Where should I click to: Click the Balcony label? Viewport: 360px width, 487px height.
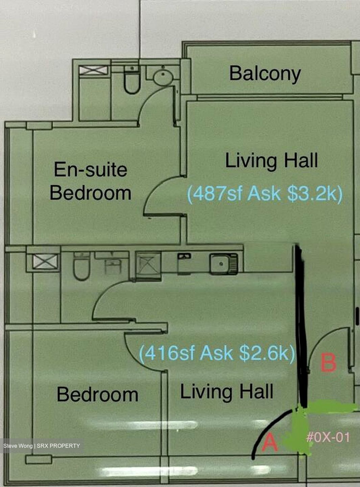pos(265,73)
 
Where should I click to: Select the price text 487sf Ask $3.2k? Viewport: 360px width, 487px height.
pos(265,194)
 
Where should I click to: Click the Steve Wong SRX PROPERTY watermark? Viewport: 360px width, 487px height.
pos(42,446)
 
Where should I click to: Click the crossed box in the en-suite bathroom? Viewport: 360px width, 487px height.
pos(93,70)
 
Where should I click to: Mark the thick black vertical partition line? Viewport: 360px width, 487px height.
pos(301,325)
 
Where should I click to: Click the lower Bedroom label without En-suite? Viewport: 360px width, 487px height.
pos(97,394)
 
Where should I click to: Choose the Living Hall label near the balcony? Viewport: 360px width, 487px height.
pos(271,161)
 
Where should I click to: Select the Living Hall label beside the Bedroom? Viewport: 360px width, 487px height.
pos(226,392)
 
